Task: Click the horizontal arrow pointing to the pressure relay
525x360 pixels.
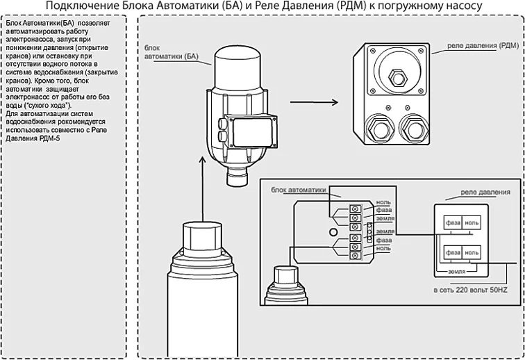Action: tap(313, 102)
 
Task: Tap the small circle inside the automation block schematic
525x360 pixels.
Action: tap(333, 231)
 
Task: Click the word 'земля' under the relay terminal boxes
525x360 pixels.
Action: tap(456, 271)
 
